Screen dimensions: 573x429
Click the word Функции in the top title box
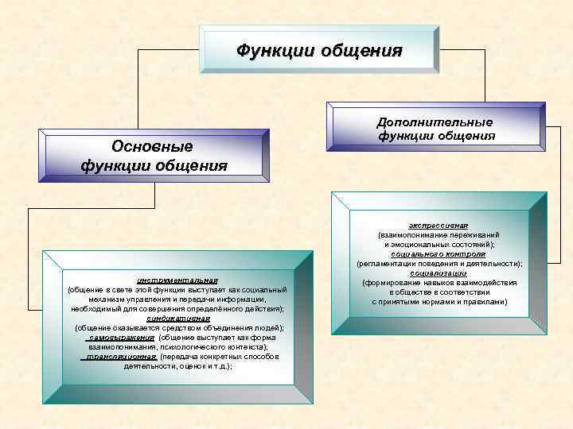[275, 51]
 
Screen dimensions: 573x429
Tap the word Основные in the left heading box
[153, 147]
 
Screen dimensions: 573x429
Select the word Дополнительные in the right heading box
[435, 122]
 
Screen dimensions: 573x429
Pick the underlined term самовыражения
[122, 338]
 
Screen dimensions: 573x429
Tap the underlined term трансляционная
[118, 357]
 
